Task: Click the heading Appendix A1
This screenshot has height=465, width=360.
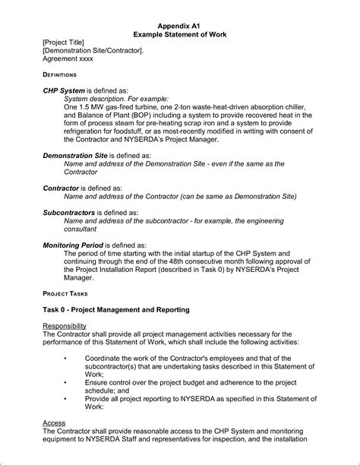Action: coord(180,24)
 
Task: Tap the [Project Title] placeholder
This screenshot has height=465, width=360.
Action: coord(63,43)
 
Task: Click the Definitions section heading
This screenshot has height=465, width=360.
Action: coord(59,75)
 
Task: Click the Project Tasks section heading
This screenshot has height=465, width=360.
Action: coord(65,293)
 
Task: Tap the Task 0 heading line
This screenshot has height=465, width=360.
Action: coord(116,310)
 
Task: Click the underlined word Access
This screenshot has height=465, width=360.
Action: coord(54,422)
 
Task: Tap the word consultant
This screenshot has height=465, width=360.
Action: coord(80,229)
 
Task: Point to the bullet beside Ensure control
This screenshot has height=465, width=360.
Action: coord(66,383)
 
